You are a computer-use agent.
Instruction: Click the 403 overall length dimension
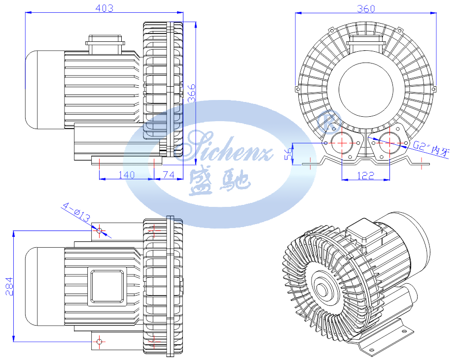pos(105,8)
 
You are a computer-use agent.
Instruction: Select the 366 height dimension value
pos(191,93)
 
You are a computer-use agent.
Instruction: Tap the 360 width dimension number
pos(366,8)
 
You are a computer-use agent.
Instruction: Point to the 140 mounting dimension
pos(127,174)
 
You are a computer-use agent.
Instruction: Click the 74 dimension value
pos(169,174)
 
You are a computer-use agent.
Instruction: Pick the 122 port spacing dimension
pos(365,175)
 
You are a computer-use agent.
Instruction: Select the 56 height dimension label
pos(288,154)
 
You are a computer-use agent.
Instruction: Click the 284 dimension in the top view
pos(9,286)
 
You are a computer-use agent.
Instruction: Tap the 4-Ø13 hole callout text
pos(76,212)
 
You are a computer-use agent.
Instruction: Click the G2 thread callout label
pos(431,148)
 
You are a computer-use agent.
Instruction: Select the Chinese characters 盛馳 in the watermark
pos(220,181)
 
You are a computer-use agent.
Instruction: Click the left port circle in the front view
pos(342,143)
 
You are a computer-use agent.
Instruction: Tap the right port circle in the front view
pos(389,143)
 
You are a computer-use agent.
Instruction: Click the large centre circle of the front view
pos(366,89)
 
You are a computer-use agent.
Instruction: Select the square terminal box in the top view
pos(107,286)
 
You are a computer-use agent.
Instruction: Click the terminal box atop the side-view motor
pos(105,44)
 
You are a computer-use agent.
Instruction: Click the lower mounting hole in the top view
pos(99,341)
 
